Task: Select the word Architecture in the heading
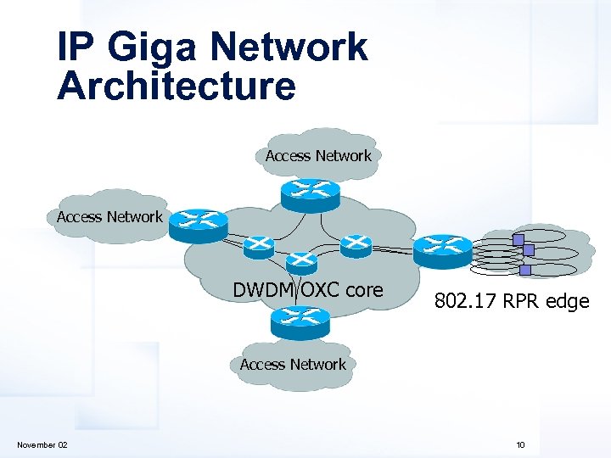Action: (x=177, y=86)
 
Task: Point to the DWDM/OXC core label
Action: (x=308, y=290)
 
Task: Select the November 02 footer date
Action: (x=42, y=445)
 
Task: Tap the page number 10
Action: (x=519, y=445)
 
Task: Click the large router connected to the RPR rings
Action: (x=443, y=247)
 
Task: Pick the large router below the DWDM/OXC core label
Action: (x=300, y=320)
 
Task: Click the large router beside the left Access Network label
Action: (x=199, y=223)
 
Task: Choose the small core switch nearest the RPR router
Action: (x=356, y=246)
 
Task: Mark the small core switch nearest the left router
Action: (x=258, y=246)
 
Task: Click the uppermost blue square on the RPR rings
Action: (x=518, y=239)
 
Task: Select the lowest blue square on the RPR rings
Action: (x=524, y=270)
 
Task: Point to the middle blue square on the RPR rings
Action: (x=528, y=250)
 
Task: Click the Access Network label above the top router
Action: (x=318, y=156)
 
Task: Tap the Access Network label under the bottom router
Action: (x=293, y=365)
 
